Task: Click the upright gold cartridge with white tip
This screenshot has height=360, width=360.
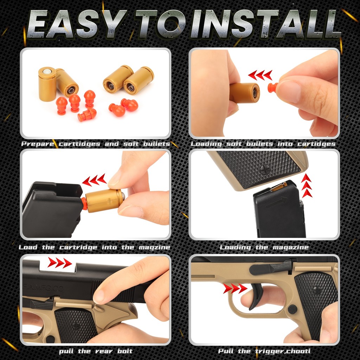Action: [47, 84]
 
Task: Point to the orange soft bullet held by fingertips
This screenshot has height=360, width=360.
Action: [272, 87]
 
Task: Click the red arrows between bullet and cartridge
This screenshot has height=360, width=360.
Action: [260, 75]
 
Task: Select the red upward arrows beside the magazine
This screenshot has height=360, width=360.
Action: [307, 185]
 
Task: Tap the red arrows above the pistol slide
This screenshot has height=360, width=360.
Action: [59, 263]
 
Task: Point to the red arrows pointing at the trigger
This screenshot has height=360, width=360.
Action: [235, 289]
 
